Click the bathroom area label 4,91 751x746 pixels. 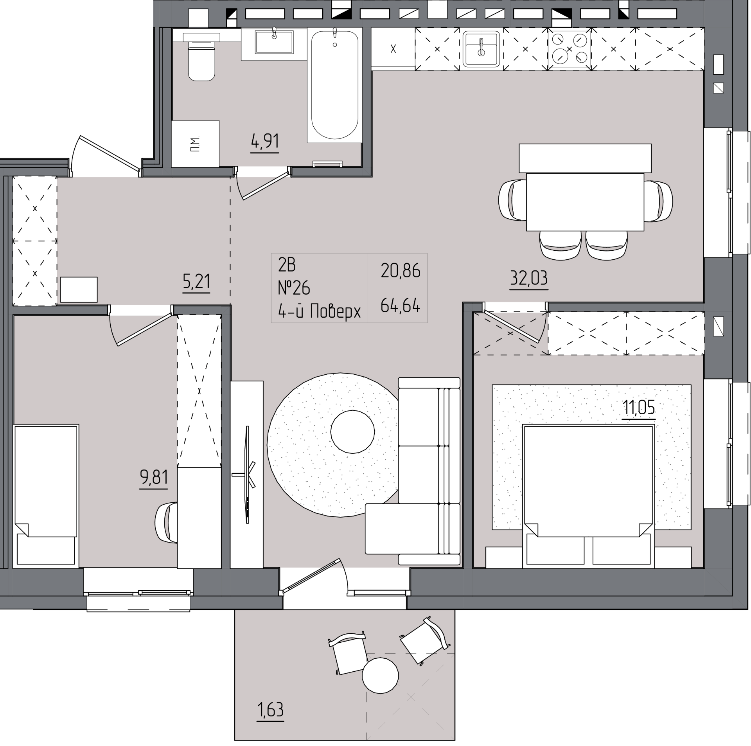tap(265, 141)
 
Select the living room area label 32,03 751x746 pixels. tap(528, 278)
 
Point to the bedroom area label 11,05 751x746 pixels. tap(639, 408)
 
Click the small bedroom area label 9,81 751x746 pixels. tap(154, 477)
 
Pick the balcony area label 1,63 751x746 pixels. tap(270, 710)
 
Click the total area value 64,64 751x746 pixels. tap(400, 305)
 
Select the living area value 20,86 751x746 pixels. tap(401, 271)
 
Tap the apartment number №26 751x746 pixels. tap(294, 288)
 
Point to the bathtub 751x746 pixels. tap(335, 85)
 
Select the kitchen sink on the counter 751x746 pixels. tap(481, 49)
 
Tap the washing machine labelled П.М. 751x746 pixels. tap(196, 144)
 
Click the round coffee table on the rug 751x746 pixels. tap(353, 431)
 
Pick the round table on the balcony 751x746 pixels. tap(380, 676)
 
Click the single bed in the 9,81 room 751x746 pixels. tap(46, 496)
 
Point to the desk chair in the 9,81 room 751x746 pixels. tap(166, 523)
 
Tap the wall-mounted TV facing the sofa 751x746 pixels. tap(248, 475)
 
